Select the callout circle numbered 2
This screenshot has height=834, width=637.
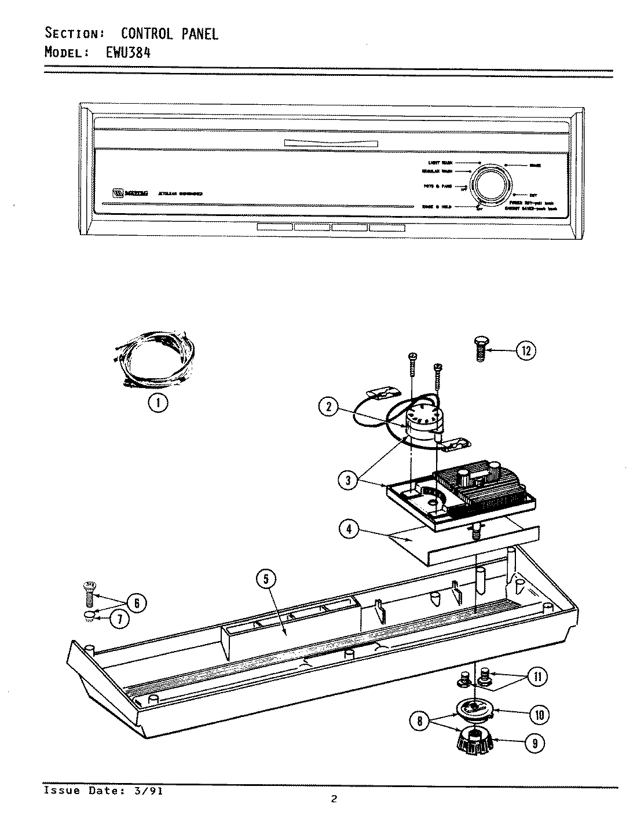(329, 407)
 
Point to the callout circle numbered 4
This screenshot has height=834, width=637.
(349, 531)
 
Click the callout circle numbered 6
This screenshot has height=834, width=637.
(137, 603)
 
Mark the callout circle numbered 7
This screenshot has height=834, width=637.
(119, 619)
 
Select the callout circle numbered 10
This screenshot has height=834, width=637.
(539, 715)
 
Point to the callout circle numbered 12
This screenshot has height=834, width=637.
(526, 350)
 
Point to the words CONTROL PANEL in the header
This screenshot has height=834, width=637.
(169, 34)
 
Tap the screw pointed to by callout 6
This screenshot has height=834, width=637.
(89, 592)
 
